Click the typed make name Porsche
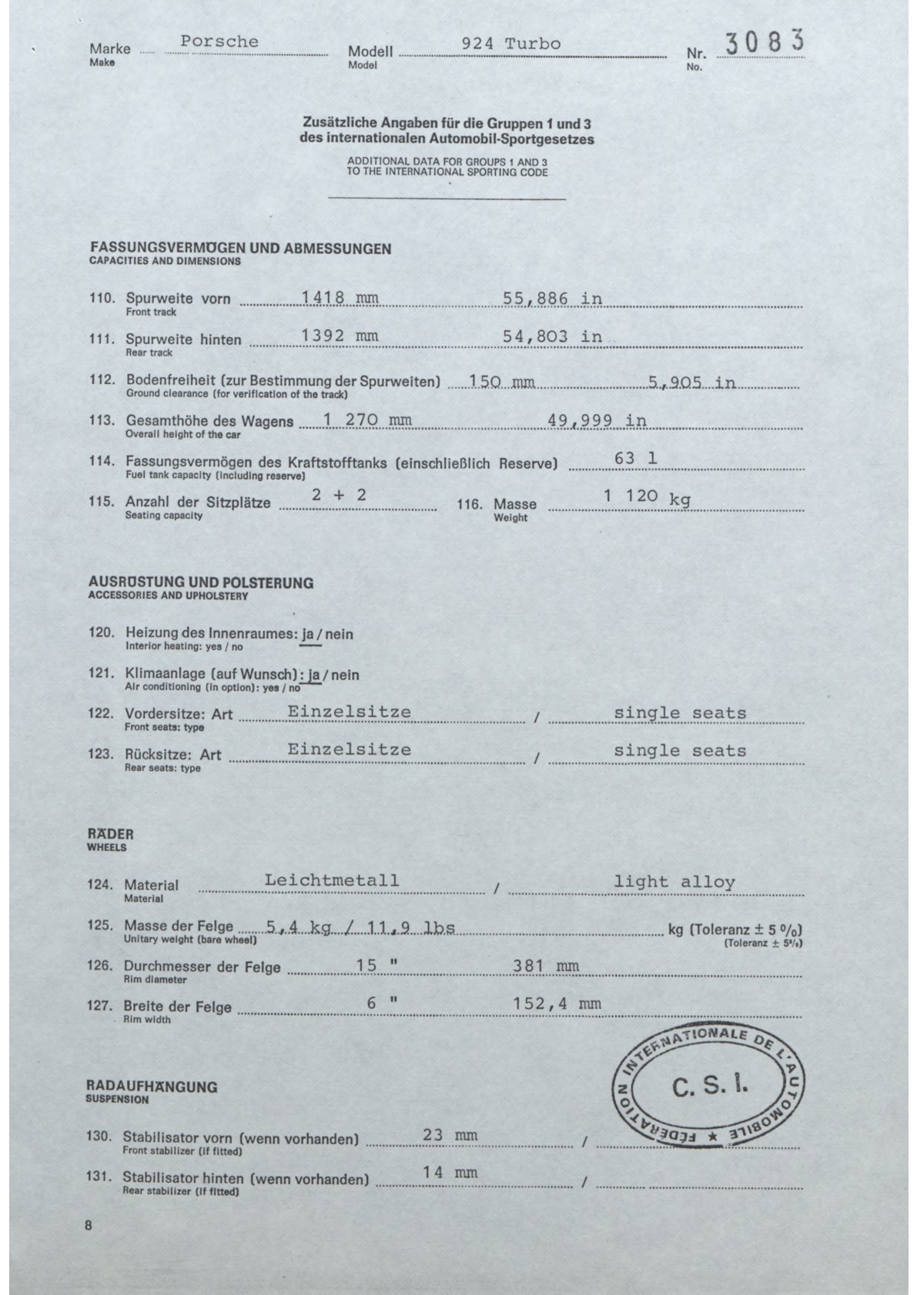tap(219, 42)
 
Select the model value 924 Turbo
tap(510, 44)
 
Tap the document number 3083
tap(761, 43)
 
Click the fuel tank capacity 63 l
tap(636, 459)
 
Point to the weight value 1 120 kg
tap(647, 497)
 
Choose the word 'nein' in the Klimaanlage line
tap(344, 675)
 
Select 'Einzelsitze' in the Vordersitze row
tap(349, 712)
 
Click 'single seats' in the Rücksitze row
tap(679, 750)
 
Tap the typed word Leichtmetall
tap(331, 879)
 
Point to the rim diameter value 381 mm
tap(546, 966)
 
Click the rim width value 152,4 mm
tap(557, 1003)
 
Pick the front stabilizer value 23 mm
tap(450, 1135)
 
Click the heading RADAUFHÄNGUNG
tap(152, 1086)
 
